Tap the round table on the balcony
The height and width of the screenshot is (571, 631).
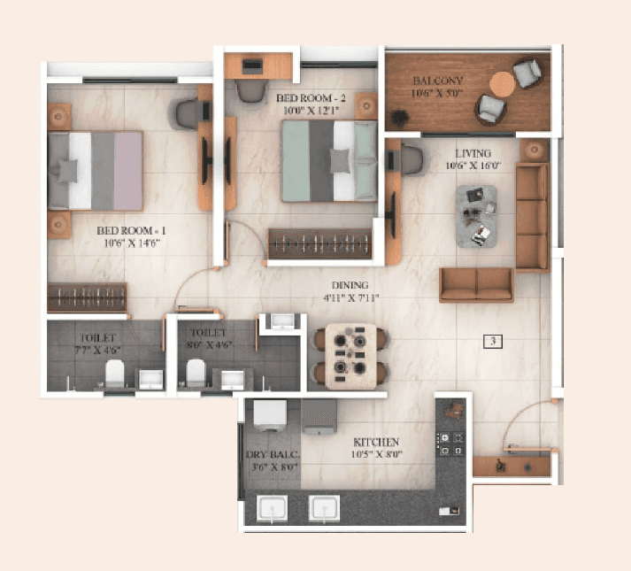[x=502, y=84]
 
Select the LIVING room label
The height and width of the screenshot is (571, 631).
[x=470, y=152]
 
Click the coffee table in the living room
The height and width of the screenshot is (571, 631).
[x=476, y=214]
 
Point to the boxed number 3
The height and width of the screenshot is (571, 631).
[x=493, y=340]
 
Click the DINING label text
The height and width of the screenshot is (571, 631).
[x=350, y=285]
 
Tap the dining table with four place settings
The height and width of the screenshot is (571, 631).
[x=349, y=356]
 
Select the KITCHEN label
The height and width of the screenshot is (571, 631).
[x=376, y=441]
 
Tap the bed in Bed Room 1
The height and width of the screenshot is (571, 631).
[x=96, y=170]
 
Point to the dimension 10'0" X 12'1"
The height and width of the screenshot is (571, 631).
[x=304, y=112]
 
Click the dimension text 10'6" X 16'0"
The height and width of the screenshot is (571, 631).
[x=471, y=165]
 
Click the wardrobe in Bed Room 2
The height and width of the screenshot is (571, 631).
[x=319, y=243]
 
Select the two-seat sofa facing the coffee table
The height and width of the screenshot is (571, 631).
[x=476, y=284]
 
